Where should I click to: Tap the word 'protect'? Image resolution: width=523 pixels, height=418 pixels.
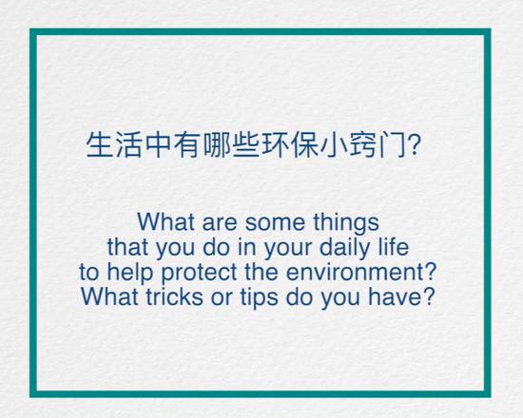point(199,274)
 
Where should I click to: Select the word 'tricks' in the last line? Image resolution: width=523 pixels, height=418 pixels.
point(174,296)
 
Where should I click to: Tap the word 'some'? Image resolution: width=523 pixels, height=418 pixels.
point(275,223)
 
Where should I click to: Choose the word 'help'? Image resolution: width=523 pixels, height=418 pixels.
point(130,274)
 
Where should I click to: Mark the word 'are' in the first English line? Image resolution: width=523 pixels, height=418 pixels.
point(220,223)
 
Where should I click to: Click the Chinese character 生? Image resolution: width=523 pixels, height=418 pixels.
point(99,145)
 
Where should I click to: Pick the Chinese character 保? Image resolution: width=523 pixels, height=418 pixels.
point(304,145)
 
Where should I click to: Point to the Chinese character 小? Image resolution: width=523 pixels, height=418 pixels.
point(333,145)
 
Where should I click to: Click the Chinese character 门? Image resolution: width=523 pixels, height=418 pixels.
point(392,145)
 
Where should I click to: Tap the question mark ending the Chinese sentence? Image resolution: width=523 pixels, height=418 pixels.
point(414,145)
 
